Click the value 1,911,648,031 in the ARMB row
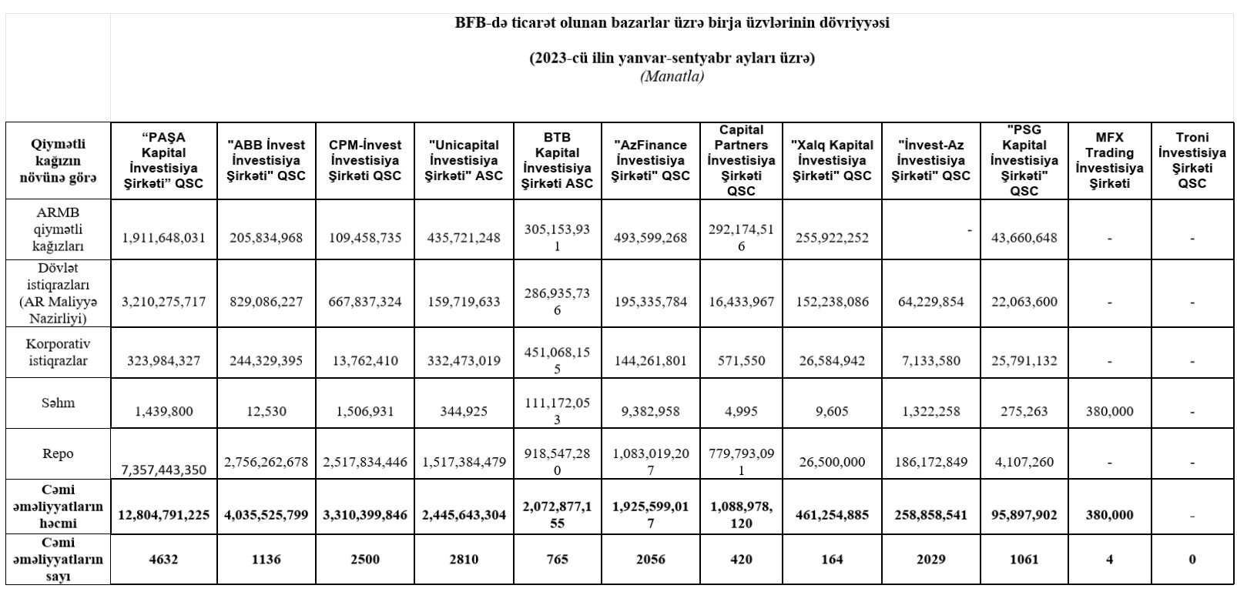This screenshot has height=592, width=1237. [163, 238]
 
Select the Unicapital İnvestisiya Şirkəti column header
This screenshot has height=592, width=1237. [464, 160]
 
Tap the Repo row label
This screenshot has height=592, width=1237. [59, 453]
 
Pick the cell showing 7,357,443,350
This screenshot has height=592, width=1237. [163, 469]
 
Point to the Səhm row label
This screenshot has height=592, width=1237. [59, 403]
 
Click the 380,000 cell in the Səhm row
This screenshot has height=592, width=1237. [1109, 411]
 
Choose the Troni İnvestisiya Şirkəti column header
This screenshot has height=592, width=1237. [1192, 160]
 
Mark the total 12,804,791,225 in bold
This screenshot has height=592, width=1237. [163, 515]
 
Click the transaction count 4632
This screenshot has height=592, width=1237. [163, 560]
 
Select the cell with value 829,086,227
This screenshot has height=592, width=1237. [267, 302]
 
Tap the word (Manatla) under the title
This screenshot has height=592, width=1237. [672, 76]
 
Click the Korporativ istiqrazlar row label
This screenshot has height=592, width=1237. [59, 352]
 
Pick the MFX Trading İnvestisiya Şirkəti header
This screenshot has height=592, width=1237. [1109, 160]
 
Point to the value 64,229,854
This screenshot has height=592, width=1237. [930, 302]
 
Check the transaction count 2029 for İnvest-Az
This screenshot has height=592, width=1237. [930, 560]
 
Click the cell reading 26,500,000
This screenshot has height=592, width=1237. [832, 462]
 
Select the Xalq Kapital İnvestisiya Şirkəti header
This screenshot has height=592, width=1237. [832, 160]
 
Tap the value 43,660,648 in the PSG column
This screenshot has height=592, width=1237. [1024, 238]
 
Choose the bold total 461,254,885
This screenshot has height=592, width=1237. [832, 515]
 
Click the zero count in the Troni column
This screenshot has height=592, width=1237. [1192, 560]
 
